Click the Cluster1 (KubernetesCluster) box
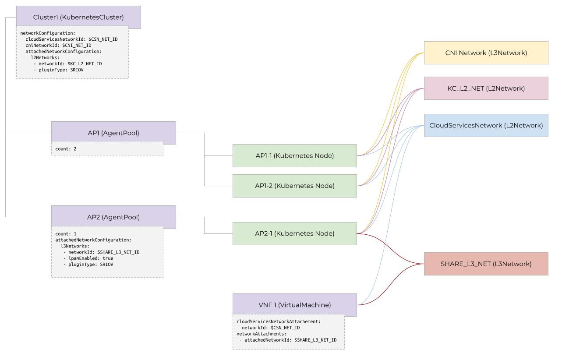[78, 17]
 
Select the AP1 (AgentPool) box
[113, 133]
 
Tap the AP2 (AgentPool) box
[113, 217]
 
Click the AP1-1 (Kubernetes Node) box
[294, 155]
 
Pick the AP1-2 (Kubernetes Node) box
[294, 186]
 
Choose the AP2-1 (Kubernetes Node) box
[294, 233]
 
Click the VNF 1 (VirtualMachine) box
[294, 305]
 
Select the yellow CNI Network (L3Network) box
[486, 53]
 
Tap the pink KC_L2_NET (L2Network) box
[486, 88]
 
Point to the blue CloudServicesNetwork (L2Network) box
[486, 125]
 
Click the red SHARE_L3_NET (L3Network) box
[486, 264]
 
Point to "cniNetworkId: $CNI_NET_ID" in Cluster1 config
[58, 45]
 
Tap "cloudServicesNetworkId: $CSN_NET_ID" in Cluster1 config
[71, 39]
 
